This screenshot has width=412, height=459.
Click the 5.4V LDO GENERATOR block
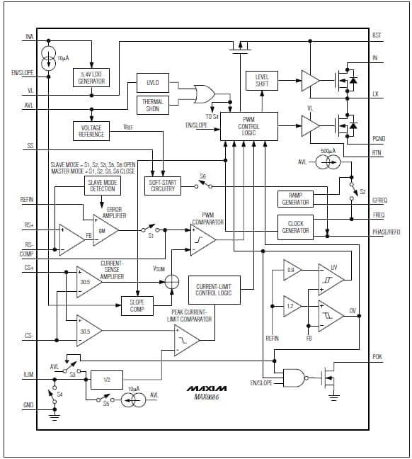click(92, 78)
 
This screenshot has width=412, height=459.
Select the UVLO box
click(153, 83)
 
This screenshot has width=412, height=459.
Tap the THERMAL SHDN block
click(153, 105)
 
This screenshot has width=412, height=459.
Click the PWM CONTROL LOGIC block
click(248, 125)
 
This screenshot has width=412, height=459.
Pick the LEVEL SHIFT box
click(262, 80)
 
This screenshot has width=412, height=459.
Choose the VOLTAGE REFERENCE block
click(91, 130)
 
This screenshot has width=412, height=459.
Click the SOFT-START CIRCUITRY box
click(162, 186)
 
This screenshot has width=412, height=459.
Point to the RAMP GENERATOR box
click(295, 198)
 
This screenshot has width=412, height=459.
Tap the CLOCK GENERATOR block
click(295, 227)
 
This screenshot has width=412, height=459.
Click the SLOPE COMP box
click(137, 305)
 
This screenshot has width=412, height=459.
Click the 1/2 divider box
click(107, 380)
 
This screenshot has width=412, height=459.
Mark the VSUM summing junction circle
click(171, 282)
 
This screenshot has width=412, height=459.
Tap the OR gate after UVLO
click(206, 93)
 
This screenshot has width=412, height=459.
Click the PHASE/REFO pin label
click(386, 232)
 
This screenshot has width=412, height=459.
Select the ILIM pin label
click(28, 374)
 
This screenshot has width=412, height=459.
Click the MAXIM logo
click(207, 388)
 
